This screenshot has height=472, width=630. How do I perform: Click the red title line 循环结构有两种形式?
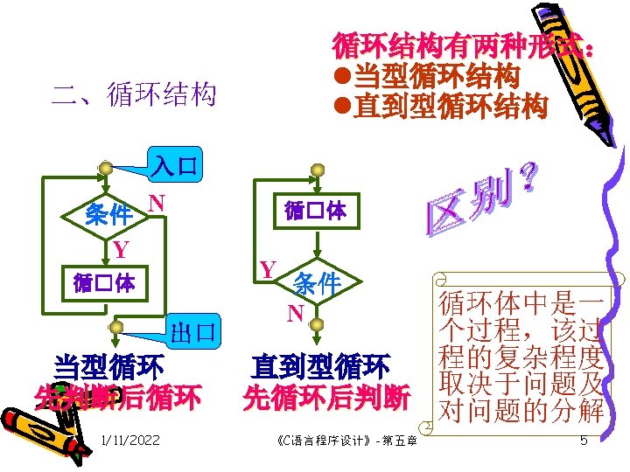pos(465,45)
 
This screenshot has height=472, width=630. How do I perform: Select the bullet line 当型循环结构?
pos(435,76)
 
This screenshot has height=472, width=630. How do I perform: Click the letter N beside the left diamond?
pos(157,203)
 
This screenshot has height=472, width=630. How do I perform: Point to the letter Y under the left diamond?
pos(121,250)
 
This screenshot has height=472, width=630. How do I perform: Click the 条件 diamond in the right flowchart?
pos(316,282)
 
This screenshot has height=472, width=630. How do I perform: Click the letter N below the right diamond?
pos(297,313)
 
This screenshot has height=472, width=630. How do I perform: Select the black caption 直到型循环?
pos(319,365)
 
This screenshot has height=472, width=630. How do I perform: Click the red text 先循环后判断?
pos(325,398)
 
